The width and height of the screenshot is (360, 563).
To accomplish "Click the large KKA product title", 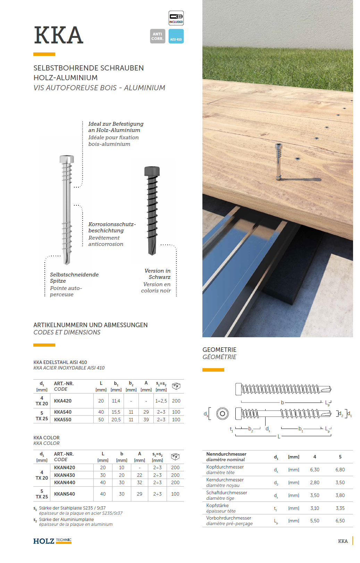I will pyautogui.click(x=59, y=35).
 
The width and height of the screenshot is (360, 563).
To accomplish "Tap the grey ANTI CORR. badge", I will pyautogui.click(x=157, y=36).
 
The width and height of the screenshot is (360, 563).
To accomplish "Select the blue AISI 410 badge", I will pyautogui.click(x=176, y=36).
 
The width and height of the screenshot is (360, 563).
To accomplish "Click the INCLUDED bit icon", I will pyautogui.click(x=176, y=18).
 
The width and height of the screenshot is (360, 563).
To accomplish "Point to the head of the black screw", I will pyautogui.click(x=152, y=171).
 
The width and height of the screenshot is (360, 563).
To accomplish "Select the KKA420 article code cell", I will pyautogui.click(x=63, y=401).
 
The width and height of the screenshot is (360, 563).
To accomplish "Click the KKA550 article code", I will pyautogui.click(x=63, y=420).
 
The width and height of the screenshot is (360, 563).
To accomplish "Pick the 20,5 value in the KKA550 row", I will pyautogui.click(x=116, y=420).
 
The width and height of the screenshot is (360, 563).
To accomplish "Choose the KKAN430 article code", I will pyautogui.click(x=65, y=475).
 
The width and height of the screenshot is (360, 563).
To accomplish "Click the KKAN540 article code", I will pyautogui.click(x=65, y=494).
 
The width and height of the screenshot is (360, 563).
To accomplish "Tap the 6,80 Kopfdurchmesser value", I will pyautogui.click(x=340, y=470).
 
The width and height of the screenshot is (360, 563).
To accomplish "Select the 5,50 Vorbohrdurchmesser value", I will pyautogui.click(x=315, y=521).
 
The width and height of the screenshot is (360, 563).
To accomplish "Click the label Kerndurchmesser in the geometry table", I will pyautogui.click(x=225, y=480).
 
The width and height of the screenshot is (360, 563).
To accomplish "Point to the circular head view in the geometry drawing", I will pyautogui.click(x=222, y=414).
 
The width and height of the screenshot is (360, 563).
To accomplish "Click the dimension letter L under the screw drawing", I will pyautogui.click(x=279, y=437).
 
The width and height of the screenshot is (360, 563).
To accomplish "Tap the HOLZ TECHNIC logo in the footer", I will pyautogui.click(x=52, y=541).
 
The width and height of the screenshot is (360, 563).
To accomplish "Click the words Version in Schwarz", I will pyautogui.click(x=158, y=274).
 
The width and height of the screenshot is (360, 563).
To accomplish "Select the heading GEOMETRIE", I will pyautogui.click(x=219, y=350).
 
